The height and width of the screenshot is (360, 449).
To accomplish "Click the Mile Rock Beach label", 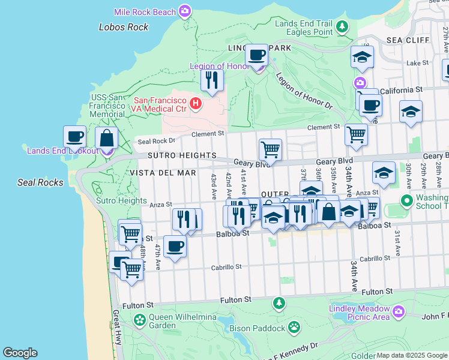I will (146, 11).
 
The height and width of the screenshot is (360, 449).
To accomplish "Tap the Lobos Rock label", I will (123, 27).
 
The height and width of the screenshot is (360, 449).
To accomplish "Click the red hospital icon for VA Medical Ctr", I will (195, 104).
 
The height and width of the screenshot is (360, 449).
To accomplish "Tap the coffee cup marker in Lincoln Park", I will (257, 55).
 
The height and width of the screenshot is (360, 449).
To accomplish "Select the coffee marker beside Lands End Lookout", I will (75, 137).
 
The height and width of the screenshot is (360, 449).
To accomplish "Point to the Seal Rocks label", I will (40, 182).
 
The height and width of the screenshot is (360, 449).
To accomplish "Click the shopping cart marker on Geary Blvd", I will (270, 149).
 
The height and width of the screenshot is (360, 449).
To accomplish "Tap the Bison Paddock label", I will (259, 328).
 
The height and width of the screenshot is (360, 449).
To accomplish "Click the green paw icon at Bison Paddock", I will (294, 328).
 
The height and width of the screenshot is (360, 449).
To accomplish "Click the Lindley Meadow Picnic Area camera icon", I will (399, 311).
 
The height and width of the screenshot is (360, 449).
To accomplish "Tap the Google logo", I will (20, 353).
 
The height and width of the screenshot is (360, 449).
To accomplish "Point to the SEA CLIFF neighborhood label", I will (408, 40).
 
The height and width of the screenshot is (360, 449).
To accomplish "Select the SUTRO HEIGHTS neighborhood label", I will (182, 155).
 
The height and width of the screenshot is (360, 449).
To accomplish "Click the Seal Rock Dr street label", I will (155, 142).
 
